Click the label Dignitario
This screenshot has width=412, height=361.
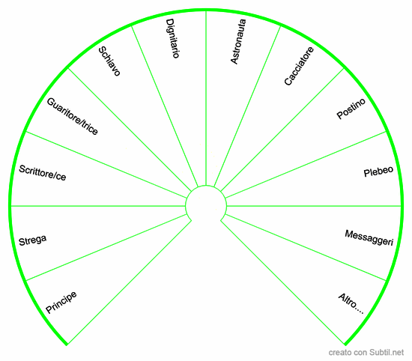pyautogui.click(x=172, y=38)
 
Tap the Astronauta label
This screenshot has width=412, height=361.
pyautogui.click(x=238, y=41)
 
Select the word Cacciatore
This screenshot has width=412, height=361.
pyautogui.click(x=299, y=66)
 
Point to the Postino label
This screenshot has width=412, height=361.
pyautogui.click(x=351, y=109)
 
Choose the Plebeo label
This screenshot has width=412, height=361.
pyautogui.click(x=378, y=172)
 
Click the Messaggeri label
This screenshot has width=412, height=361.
pyautogui.click(x=369, y=237)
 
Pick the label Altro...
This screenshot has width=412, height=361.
pyautogui.click(x=351, y=304)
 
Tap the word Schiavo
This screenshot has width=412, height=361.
pyautogui.click(x=109, y=61)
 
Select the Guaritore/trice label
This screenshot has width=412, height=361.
pyautogui.click(x=72, y=116)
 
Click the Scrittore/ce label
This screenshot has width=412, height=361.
pyautogui.click(x=42, y=173)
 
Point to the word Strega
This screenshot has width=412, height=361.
pyautogui.click(x=32, y=240)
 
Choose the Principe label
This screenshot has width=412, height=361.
pyautogui.click(x=61, y=303)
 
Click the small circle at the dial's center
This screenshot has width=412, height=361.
pyautogui.click(x=206, y=186)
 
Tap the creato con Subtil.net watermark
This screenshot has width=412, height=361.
pyautogui.click(x=366, y=352)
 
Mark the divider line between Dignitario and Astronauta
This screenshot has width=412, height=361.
pyautogui.click(x=206, y=98)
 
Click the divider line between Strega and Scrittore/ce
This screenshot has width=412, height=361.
pyautogui.click(x=98, y=206)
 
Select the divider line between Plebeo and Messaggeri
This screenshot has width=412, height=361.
pyautogui.click(x=314, y=206)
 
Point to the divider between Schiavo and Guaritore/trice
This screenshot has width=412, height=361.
pyautogui.click(x=130, y=130)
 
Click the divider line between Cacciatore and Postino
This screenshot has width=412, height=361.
pyautogui.click(x=282, y=130)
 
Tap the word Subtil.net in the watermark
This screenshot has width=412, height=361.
pyautogui.click(x=387, y=352)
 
